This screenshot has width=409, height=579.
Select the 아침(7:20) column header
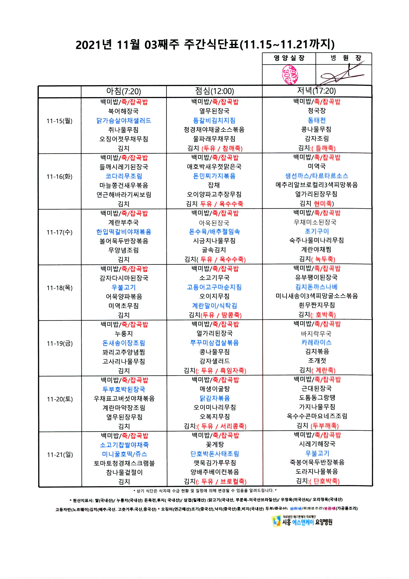tap(124, 91)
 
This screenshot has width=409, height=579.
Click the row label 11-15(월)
tap(60, 121)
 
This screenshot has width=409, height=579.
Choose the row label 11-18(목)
tap(60, 288)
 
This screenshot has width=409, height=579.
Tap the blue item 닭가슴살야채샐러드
tap(124, 121)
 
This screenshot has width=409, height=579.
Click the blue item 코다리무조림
tap(124, 176)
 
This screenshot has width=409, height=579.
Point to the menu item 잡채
tap(214, 185)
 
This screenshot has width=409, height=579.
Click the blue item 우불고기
tap(124, 287)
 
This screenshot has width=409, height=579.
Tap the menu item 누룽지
tap(124, 334)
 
